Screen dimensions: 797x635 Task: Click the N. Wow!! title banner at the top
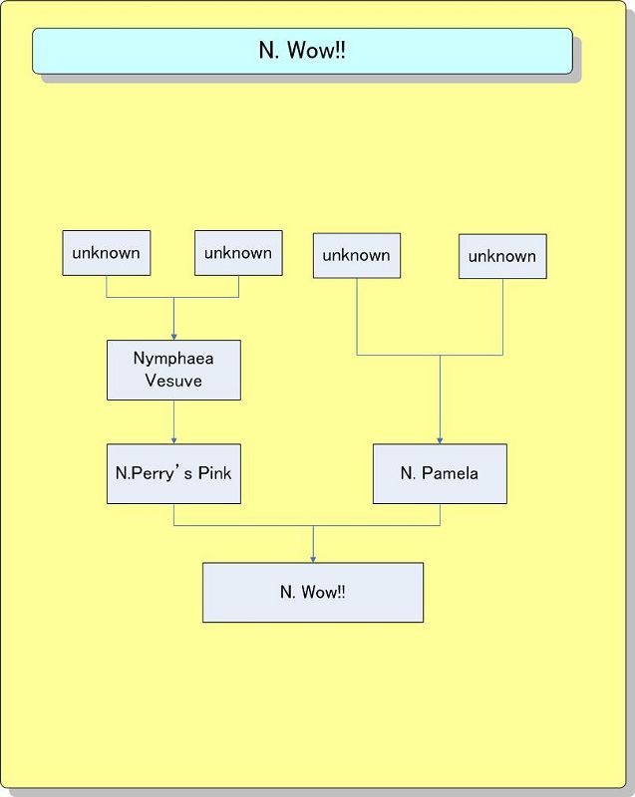(302, 51)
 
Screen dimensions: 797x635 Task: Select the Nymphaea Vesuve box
(173, 370)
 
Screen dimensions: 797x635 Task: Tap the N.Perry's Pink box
(173, 473)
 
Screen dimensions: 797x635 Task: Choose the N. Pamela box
(440, 473)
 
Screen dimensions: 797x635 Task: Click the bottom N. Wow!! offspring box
(313, 592)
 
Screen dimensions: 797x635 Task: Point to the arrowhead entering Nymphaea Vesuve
(173, 337)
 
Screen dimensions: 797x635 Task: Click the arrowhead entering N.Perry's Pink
(173, 439)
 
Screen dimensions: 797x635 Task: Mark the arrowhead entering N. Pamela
(440, 439)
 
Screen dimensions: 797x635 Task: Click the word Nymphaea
(173, 359)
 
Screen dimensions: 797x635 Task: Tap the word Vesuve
(173, 381)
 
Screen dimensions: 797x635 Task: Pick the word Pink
(213, 473)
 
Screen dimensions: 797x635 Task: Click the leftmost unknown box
(106, 253)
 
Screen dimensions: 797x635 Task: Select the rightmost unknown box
(502, 256)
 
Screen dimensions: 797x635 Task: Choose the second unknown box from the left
(238, 253)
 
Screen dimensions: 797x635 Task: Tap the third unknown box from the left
(357, 255)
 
